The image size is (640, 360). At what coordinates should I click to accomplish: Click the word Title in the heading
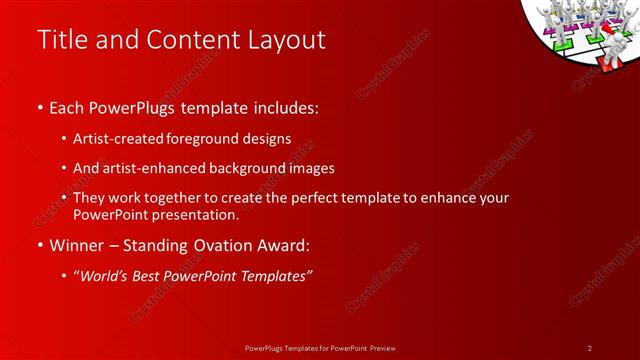60,40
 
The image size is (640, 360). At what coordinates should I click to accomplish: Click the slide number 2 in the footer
590,348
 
